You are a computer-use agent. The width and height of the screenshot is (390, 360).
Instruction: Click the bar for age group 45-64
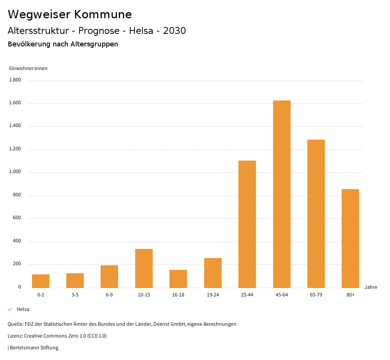281,194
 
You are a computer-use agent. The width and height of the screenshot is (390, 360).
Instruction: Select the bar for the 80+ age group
350,238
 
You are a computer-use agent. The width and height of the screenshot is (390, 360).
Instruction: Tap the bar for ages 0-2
41,281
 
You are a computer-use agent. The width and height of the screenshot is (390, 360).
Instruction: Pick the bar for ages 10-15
144,268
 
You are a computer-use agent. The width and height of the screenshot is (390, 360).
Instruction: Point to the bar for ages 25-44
247,224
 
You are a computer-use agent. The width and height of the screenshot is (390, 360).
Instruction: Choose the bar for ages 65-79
316,213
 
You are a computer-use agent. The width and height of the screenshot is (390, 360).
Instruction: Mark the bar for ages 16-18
178,279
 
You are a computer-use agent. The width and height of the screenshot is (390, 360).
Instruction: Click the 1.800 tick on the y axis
15,80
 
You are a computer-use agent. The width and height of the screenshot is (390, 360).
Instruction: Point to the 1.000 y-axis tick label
15,172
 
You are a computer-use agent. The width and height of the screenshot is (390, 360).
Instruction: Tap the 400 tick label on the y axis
17,241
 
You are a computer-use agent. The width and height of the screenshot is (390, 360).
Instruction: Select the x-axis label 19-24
213,295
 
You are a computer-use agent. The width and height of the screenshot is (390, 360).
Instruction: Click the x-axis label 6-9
109,295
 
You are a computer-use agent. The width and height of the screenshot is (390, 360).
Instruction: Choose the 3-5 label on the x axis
75,295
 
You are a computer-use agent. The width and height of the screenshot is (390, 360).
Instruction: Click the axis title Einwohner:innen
28,68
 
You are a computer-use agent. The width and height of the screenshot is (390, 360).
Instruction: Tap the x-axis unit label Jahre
371,287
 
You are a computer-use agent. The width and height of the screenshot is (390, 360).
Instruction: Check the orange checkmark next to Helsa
10,309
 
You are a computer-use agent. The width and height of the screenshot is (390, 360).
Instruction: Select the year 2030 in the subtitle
174,31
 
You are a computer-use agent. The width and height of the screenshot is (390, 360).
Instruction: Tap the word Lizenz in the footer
15,336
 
